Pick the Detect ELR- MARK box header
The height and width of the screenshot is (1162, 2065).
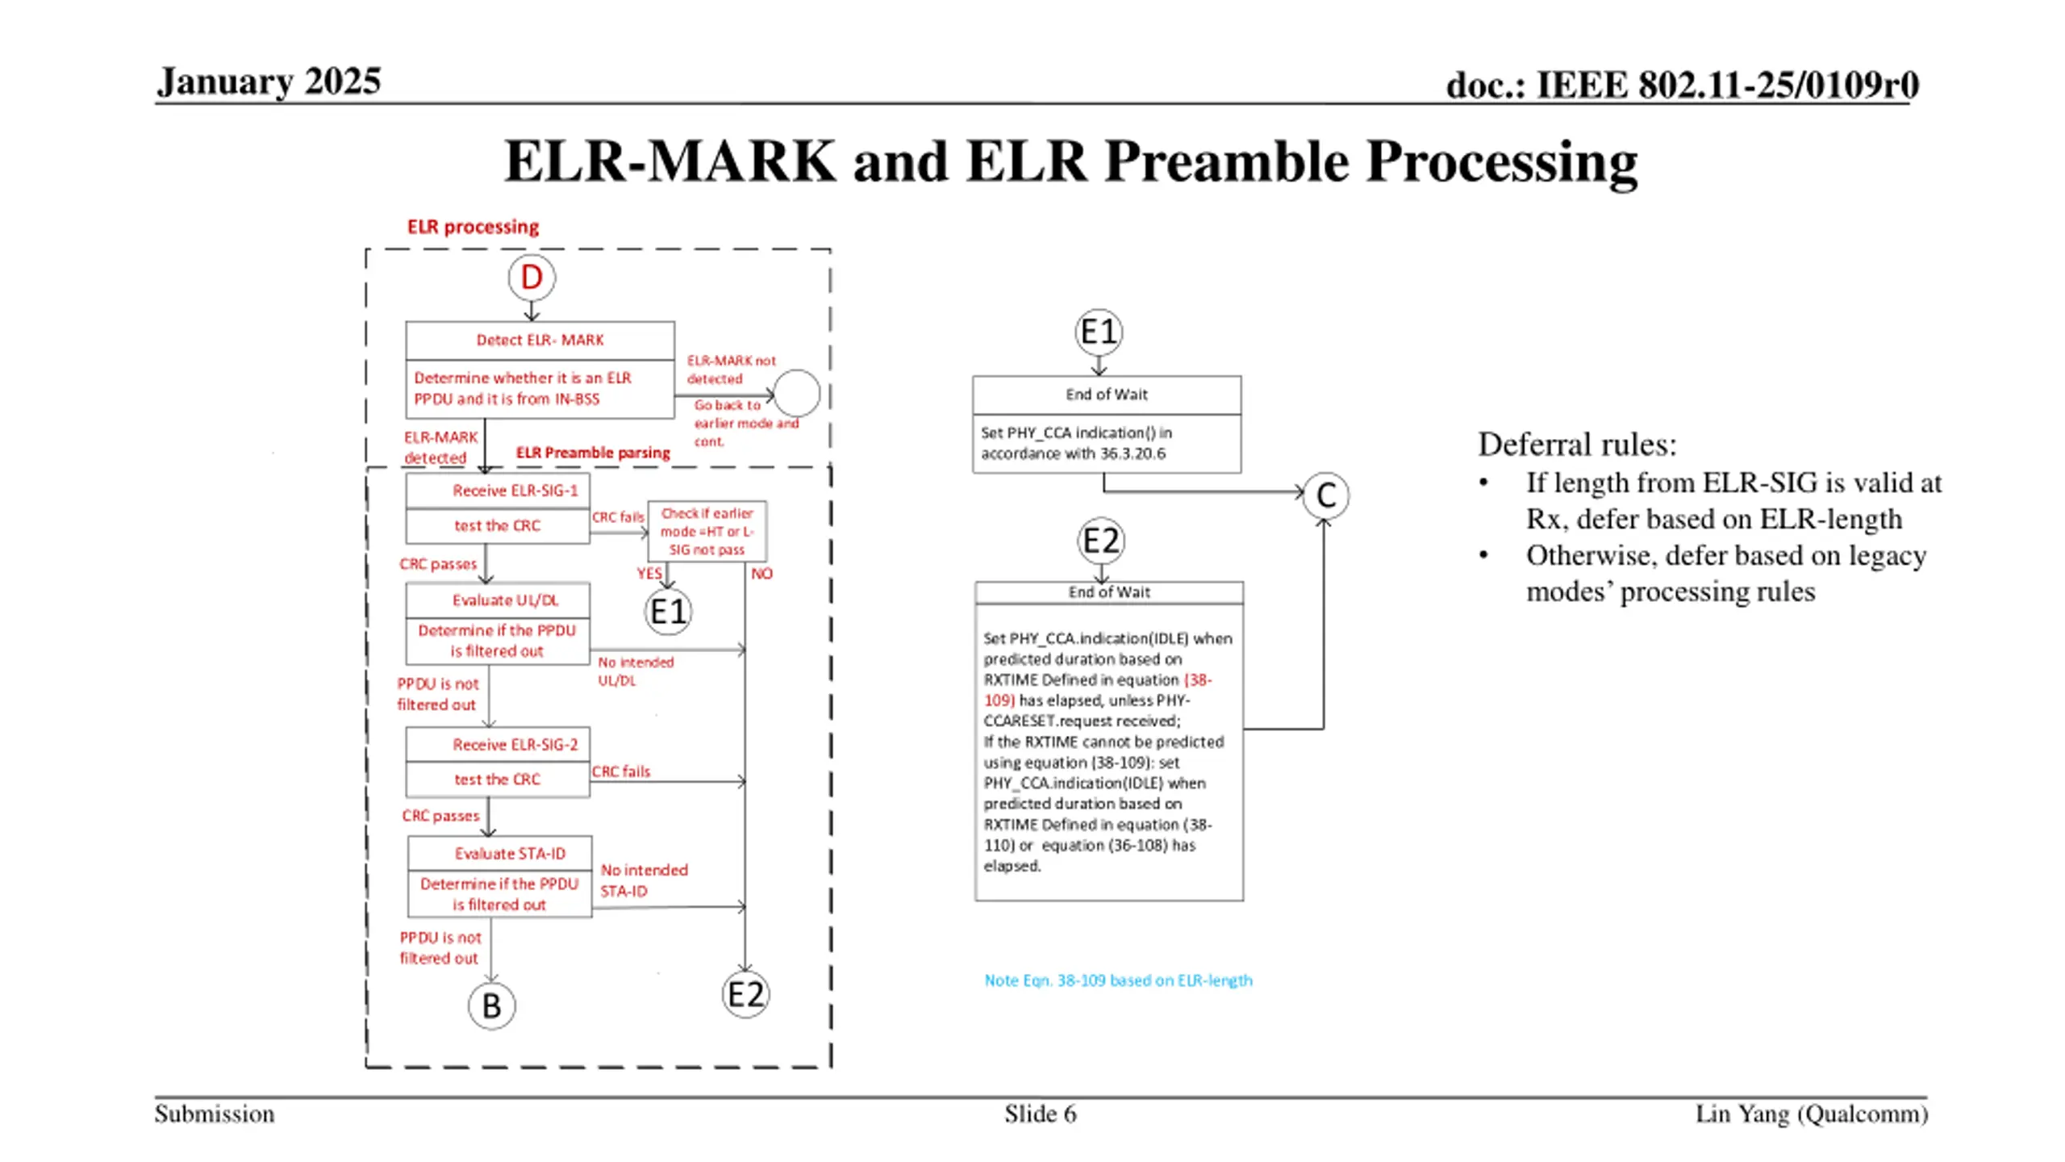point(540,341)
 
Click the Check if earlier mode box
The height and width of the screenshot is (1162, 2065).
point(707,531)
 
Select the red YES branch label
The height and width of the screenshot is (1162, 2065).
point(649,574)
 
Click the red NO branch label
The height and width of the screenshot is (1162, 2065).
point(761,574)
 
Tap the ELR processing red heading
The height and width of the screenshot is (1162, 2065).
point(473,227)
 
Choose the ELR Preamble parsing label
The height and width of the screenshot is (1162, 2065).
point(593,453)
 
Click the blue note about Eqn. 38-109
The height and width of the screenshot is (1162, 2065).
point(1118,980)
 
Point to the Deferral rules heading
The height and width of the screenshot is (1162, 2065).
point(1577,444)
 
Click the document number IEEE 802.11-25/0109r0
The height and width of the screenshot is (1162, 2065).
point(1682,85)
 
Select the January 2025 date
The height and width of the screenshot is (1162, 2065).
point(269,82)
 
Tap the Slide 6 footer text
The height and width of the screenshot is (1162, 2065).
point(1040,1114)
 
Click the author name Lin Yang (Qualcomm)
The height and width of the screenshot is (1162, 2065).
point(1812,1114)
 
